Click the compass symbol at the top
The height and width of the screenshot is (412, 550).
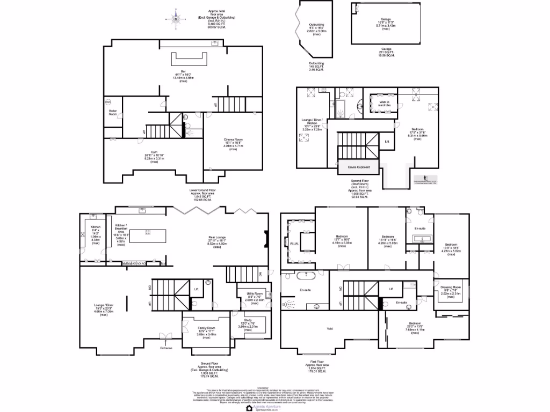click(x=177, y=19)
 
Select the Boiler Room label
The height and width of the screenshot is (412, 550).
click(x=113, y=113)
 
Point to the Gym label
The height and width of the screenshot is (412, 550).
click(x=154, y=152)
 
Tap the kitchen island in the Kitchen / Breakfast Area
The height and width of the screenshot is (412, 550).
click(x=145, y=233)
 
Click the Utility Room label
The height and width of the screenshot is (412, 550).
click(x=255, y=293)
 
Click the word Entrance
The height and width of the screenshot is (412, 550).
click(x=166, y=349)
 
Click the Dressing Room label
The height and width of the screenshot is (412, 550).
click(x=451, y=288)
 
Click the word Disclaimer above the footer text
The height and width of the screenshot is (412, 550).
click(x=263, y=387)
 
